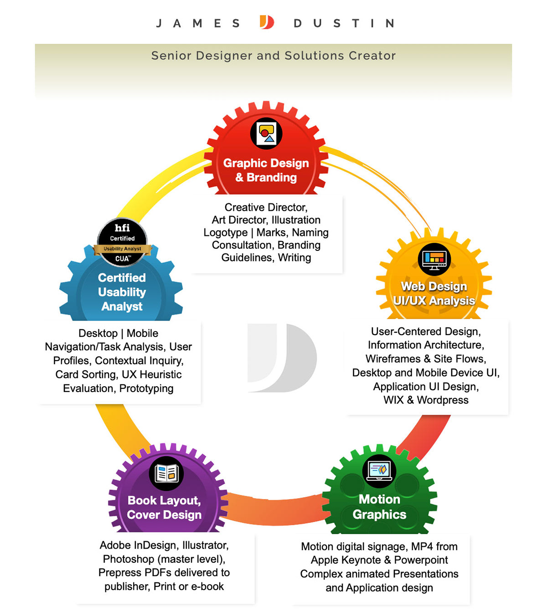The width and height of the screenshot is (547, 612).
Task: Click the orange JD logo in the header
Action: (267, 22)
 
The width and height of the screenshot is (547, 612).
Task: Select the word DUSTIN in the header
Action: (344, 23)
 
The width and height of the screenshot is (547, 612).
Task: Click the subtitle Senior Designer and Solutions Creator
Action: (273, 56)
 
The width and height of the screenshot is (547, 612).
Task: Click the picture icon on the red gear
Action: (266, 133)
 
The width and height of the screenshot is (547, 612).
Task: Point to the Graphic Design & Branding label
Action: (266, 170)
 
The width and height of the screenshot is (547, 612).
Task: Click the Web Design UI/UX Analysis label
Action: (434, 293)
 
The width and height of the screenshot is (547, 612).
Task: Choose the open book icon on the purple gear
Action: (166, 473)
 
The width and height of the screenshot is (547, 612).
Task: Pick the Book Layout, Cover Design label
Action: (164, 507)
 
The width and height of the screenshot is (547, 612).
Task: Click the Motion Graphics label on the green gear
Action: (379, 506)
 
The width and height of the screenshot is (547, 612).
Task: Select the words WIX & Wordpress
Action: (426, 400)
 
